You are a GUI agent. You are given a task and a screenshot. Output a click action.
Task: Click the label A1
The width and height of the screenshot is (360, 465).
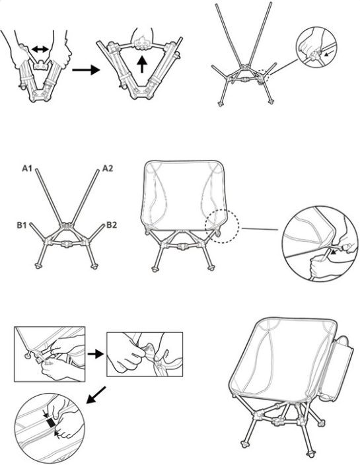27,169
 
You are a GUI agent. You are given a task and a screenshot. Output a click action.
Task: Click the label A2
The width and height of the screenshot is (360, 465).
108,169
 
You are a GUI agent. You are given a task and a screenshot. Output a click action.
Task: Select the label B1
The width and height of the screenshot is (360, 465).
20,225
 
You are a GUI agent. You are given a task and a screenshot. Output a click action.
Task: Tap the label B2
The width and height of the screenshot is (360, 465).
112,225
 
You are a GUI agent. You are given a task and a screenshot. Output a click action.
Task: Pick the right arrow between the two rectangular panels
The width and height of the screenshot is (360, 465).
95,354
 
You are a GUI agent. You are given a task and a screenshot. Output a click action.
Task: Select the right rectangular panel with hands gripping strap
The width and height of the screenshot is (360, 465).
144,354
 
